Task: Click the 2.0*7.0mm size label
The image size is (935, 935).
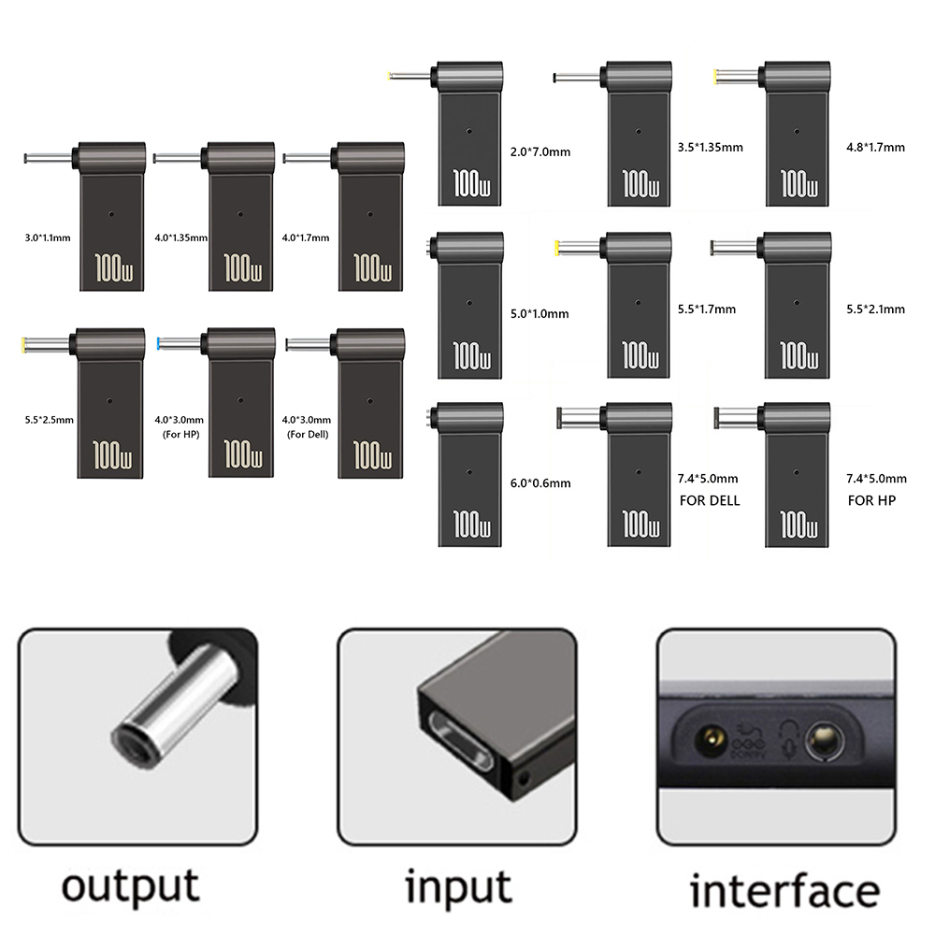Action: click(x=540, y=151)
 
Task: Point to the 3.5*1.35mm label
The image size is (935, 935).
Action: click(x=710, y=147)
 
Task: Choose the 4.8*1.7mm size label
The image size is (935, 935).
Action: click(x=874, y=147)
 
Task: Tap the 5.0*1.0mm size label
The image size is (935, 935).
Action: click(x=540, y=313)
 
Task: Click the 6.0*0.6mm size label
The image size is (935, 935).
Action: click(x=540, y=483)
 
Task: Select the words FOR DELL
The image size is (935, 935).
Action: click(x=709, y=500)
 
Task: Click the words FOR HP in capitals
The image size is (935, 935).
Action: click(x=871, y=500)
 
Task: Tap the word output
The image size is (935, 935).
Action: click(x=130, y=885)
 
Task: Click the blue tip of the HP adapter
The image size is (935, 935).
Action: click(x=161, y=344)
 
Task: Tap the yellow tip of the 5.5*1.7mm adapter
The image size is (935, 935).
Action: click(x=558, y=249)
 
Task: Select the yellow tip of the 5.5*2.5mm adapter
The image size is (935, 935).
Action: click(x=22, y=345)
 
